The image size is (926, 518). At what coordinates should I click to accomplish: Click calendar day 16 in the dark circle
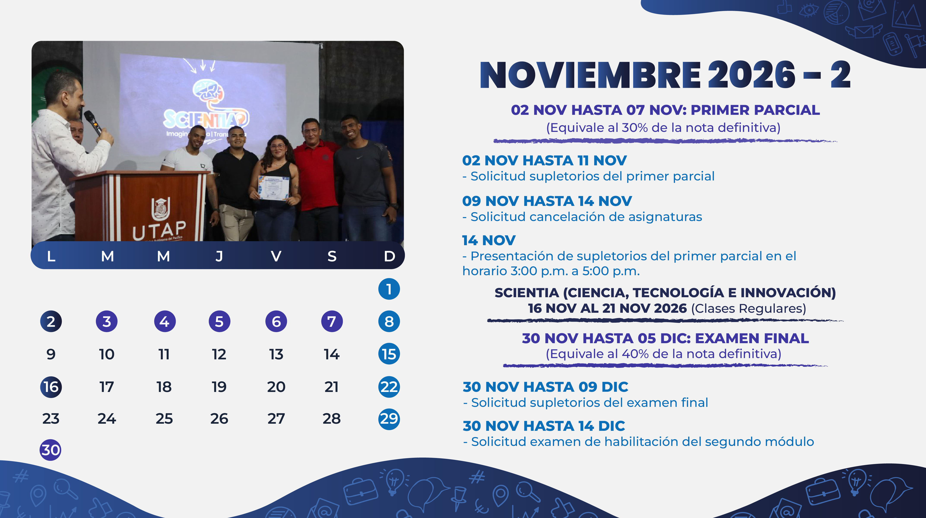tap(51, 387)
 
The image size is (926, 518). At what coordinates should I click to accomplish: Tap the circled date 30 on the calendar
tap(50, 450)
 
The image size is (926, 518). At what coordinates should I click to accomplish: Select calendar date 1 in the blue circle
tap(389, 289)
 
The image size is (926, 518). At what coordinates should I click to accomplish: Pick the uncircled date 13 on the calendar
tap(276, 354)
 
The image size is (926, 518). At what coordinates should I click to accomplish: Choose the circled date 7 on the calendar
tap(332, 321)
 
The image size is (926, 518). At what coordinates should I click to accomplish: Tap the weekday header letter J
tap(219, 256)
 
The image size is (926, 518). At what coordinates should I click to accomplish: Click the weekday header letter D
tap(389, 256)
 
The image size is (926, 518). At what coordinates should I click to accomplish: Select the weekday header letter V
tap(276, 256)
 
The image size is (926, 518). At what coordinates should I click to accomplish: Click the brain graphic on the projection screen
tap(208, 92)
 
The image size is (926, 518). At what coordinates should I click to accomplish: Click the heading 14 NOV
tap(489, 240)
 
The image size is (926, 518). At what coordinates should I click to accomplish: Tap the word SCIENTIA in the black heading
tap(527, 293)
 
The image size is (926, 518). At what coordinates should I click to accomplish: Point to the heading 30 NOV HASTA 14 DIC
tap(544, 426)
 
